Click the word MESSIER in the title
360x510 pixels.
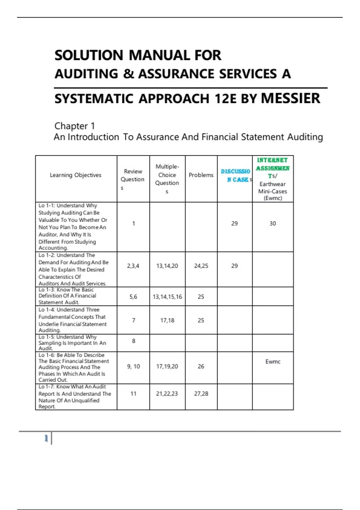(x=290, y=98)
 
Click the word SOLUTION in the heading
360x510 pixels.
(x=89, y=55)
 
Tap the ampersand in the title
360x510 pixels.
(x=128, y=74)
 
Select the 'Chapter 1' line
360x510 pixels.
(x=74, y=126)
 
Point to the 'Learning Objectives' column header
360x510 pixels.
(x=76, y=175)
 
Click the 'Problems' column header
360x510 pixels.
(x=201, y=175)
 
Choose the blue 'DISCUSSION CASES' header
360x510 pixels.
(x=235, y=175)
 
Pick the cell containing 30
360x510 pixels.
(x=272, y=223)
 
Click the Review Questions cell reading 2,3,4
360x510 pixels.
(x=133, y=266)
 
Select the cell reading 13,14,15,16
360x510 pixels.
(x=167, y=297)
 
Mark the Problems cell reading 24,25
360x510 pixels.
(x=201, y=266)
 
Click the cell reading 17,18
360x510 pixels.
(x=167, y=320)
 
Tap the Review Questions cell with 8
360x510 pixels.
(x=133, y=341)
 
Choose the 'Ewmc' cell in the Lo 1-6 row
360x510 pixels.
(x=273, y=362)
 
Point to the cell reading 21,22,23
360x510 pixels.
(x=167, y=394)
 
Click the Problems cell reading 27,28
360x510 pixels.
(x=201, y=394)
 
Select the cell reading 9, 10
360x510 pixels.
(x=133, y=366)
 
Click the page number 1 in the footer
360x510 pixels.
(x=46, y=438)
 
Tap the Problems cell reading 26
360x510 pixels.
(x=201, y=366)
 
